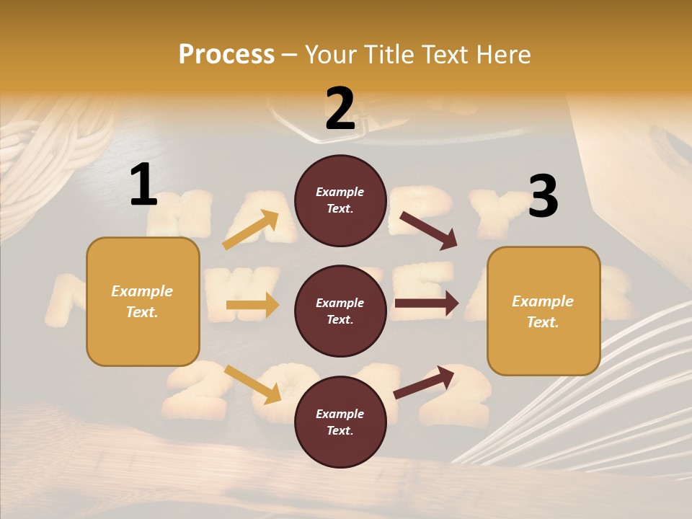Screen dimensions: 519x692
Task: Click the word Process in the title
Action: click(226, 54)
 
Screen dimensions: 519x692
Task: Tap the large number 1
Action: click(143, 185)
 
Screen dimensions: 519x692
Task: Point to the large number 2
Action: click(340, 109)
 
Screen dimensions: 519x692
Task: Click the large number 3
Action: click(543, 196)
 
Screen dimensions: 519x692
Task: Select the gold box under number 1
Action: click(143, 301)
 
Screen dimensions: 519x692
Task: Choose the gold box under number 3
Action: click(544, 311)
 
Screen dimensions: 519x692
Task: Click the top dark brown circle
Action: click(340, 200)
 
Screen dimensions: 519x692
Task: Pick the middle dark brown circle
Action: click(340, 311)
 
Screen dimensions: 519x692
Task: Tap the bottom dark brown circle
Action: click(340, 422)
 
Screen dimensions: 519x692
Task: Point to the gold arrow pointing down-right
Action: click(253, 384)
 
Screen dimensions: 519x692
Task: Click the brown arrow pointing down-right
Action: click(429, 231)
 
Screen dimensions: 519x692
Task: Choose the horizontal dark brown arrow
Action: click(426, 303)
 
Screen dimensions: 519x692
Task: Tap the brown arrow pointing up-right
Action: click(424, 382)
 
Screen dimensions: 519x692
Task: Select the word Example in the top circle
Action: click(340, 192)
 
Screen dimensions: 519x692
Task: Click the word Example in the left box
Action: click(142, 291)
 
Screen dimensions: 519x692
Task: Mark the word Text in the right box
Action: click(541, 322)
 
